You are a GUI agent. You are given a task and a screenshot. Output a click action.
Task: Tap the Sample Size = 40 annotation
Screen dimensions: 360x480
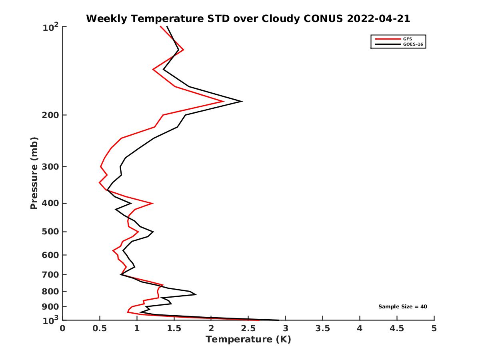pos(403,307)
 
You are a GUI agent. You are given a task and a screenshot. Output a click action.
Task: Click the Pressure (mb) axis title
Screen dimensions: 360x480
pos(34,173)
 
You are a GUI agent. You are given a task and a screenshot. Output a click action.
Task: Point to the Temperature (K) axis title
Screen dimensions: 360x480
pos(248,340)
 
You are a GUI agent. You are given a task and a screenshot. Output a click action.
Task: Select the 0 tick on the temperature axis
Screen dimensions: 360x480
pos(63,328)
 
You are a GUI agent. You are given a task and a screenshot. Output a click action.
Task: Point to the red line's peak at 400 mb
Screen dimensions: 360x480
pos(152,203)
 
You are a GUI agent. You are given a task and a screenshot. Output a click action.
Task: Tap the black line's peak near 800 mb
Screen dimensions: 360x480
pos(196,295)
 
